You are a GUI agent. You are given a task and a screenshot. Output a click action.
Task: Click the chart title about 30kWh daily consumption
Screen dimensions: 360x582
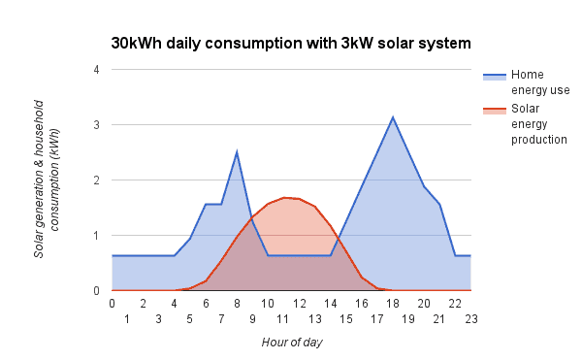click(291, 44)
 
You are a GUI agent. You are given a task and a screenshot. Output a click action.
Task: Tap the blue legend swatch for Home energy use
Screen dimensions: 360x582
click(494, 75)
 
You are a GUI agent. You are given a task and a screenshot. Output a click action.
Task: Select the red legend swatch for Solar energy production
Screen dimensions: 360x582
click(494, 109)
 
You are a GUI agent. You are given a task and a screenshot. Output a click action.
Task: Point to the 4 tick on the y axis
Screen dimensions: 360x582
click(96, 70)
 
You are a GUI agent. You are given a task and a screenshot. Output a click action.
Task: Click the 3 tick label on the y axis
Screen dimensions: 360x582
click(96, 125)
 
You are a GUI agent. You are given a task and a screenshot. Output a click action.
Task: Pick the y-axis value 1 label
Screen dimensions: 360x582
click(96, 236)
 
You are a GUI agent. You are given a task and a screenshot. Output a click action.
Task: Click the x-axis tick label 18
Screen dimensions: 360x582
click(393, 303)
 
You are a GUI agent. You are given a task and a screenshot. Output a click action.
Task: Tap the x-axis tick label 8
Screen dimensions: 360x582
click(237, 303)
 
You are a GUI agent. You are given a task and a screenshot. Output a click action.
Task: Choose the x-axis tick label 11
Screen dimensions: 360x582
click(283, 318)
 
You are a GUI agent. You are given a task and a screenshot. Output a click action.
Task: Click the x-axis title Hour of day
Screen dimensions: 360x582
click(292, 342)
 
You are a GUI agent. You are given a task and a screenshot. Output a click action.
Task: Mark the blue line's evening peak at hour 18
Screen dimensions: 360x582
click(393, 117)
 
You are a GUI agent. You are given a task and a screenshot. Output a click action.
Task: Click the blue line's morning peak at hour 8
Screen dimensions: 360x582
click(237, 152)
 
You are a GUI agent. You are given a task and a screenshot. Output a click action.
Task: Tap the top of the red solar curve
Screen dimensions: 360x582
click(284, 197)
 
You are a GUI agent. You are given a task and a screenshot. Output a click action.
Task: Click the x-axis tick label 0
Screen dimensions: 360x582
click(113, 303)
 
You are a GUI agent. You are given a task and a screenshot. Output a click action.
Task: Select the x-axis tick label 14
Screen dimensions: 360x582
click(331, 303)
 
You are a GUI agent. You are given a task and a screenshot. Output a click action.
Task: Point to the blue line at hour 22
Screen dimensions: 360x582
click(455, 255)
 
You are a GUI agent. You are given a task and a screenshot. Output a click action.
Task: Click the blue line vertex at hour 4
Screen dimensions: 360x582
click(175, 255)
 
